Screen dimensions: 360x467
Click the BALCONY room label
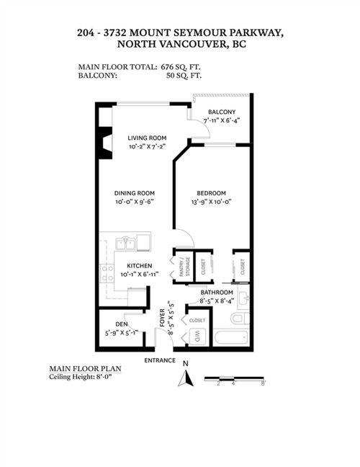click(x=222, y=112)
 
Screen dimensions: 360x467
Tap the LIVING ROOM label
click(x=147, y=138)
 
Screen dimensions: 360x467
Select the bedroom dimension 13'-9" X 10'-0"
click(x=211, y=202)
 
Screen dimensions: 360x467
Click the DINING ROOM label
click(x=135, y=193)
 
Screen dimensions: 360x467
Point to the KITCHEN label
click(x=140, y=266)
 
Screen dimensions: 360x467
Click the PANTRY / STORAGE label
click(x=184, y=267)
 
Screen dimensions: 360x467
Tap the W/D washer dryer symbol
click(x=197, y=337)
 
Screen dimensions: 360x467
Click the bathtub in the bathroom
click(x=231, y=337)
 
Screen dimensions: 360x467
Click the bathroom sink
click(x=244, y=298)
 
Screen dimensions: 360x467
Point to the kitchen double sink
click(x=125, y=244)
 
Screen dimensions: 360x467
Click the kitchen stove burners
click(x=107, y=273)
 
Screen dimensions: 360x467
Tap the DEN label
click(x=122, y=324)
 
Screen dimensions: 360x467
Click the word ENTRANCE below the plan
click(x=160, y=360)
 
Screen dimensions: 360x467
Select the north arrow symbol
click(x=186, y=378)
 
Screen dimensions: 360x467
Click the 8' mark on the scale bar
click(x=264, y=383)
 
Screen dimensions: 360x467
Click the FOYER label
click(x=163, y=318)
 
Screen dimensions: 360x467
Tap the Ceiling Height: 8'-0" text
click(x=81, y=377)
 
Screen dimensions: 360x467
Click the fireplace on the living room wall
click(x=105, y=143)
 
